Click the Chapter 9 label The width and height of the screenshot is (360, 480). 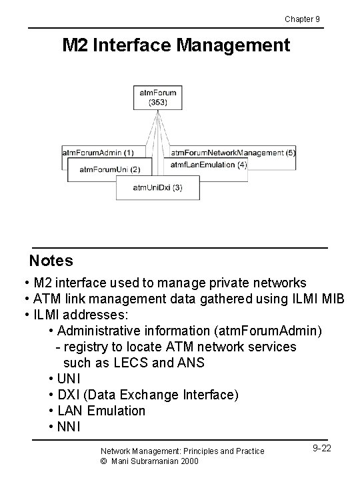click(302, 19)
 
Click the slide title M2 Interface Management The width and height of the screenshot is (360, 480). click(176, 45)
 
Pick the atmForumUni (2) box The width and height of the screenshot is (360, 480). click(109, 169)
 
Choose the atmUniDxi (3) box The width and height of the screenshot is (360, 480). click(157, 188)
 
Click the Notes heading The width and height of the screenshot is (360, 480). click(51, 260)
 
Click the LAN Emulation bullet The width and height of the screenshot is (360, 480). click(101, 411)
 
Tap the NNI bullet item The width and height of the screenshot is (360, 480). click(69, 427)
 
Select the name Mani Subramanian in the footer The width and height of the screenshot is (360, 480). click(146, 461)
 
